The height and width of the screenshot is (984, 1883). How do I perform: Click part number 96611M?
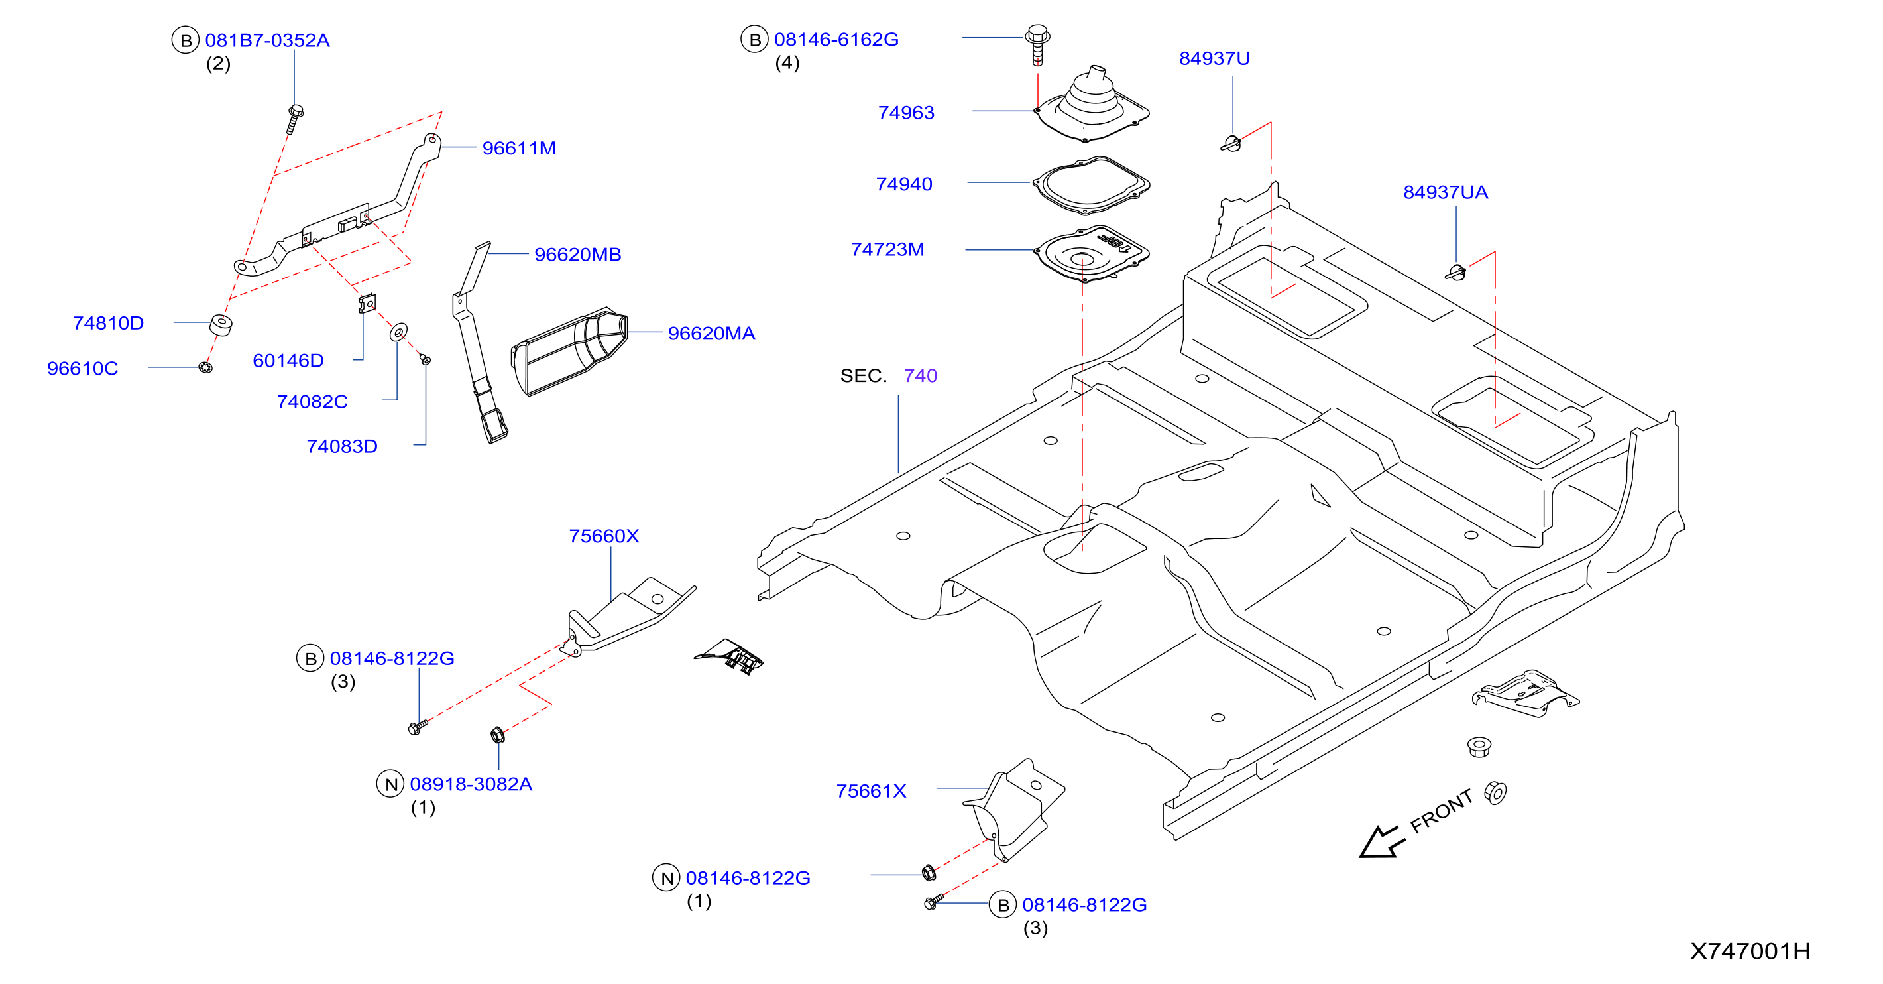[x=519, y=149]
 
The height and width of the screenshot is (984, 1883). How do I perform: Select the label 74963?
[x=905, y=113]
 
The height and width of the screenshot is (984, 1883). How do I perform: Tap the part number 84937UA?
[x=1445, y=192]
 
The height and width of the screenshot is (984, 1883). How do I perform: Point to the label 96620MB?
[x=577, y=255]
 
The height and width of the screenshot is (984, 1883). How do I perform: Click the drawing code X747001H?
[x=1750, y=951]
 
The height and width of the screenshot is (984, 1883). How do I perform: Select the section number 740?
[x=921, y=376]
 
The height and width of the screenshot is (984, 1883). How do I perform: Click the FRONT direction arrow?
[x=1380, y=841]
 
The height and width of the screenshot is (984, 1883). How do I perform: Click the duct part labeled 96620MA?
[x=569, y=351]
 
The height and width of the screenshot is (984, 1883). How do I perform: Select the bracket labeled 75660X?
[x=630, y=615]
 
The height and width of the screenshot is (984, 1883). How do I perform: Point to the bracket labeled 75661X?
[x=1015, y=808]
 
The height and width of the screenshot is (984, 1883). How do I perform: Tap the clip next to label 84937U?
[x=1231, y=143]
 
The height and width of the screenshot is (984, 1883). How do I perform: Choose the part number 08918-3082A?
[x=471, y=784]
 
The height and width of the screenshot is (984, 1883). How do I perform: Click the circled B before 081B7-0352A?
[x=186, y=40]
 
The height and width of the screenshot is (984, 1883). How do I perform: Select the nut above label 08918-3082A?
[x=498, y=735]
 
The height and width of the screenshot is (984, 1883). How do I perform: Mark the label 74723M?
[x=887, y=249]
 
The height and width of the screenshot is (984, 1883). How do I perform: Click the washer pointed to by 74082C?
[x=398, y=333]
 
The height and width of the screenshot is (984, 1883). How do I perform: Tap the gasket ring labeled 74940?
[x=1090, y=185]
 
